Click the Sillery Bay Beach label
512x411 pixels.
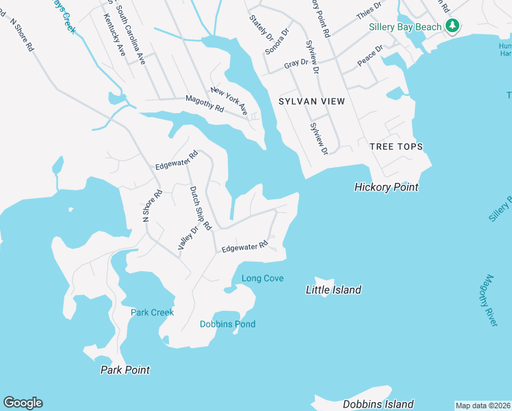[405, 27]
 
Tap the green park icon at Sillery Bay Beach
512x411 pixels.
[452, 26]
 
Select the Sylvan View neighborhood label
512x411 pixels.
[311, 101]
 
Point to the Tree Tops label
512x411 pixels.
[396, 147]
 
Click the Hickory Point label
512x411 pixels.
[386, 187]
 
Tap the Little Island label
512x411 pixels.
[333, 290]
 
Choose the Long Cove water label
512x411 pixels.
[262, 278]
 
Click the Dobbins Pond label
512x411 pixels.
[227, 324]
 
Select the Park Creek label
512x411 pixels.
[152, 312]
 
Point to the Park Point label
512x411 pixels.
[125, 370]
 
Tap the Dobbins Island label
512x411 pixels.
[378, 404]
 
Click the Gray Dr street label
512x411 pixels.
[296, 63]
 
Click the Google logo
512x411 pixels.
[23, 403]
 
